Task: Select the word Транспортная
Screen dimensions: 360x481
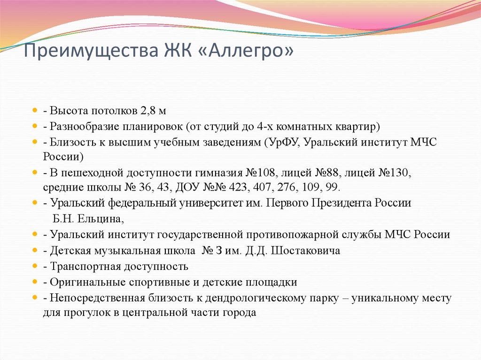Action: click(x=83, y=267)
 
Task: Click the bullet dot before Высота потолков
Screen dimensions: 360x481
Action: click(x=35, y=111)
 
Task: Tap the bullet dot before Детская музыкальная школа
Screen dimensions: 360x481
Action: click(x=35, y=251)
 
